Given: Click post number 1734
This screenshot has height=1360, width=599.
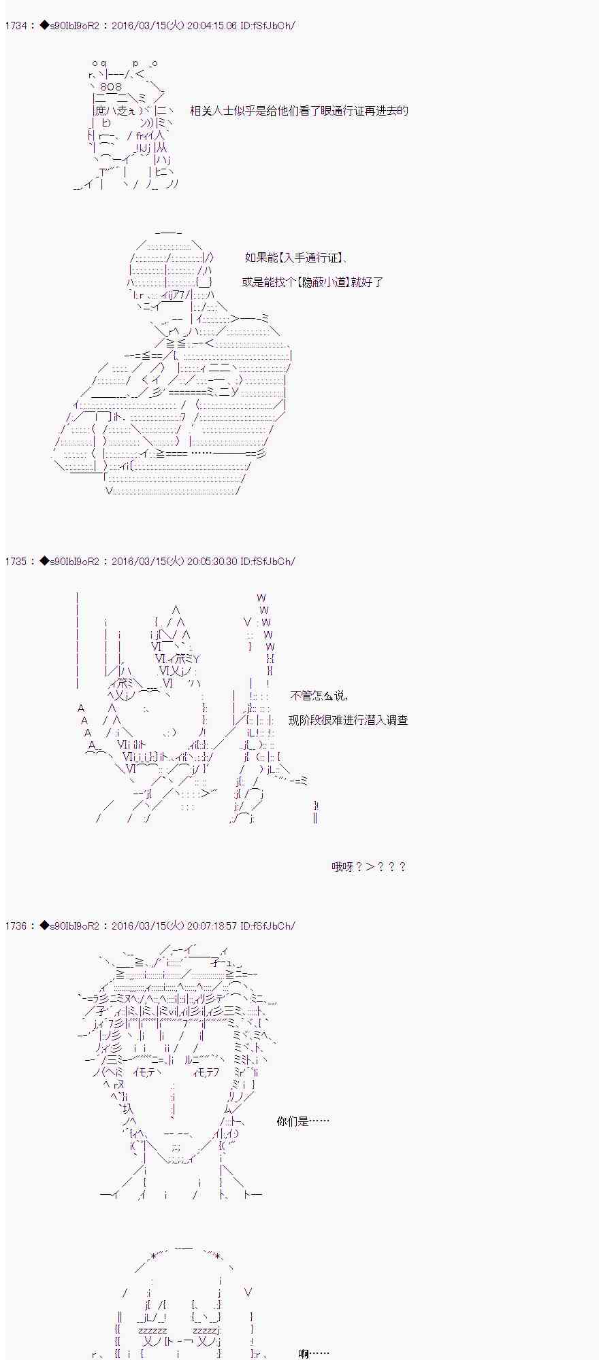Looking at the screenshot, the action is pyautogui.click(x=16, y=26).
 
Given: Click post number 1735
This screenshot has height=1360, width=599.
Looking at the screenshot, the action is pyautogui.click(x=16, y=562).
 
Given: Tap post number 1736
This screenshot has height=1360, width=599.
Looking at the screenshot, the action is pyautogui.click(x=16, y=926).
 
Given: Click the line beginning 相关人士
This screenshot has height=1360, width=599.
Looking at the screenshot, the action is pyautogui.click(x=299, y=111).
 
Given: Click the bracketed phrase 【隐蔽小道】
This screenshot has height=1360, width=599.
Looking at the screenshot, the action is pyautogui.click(x=323, y=282).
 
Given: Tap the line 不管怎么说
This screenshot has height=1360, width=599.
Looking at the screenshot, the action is pyautogui.click(x=319, y=696).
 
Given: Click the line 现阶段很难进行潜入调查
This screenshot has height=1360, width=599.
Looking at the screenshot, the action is pyautogui.click(x=348, y=720).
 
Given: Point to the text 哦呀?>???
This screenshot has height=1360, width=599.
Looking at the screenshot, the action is pyautogui.click(x=368, y=867).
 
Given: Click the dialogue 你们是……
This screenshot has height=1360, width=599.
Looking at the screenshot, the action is pyautogui.click(x=302, y=1121).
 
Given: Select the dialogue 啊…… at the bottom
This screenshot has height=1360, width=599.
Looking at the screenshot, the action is pyautogui.click(x=313, y=1354).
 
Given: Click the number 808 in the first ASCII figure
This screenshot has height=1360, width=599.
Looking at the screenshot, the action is pyautogui.click(x=110, y=87).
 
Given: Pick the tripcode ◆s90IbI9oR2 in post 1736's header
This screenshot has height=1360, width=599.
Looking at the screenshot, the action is pyautogui.click(x=69, y=926).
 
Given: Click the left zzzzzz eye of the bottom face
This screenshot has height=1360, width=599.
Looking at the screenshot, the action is pyautogui.click(x=152, y=1329).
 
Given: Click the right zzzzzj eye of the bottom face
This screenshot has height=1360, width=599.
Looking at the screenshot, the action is pyautogui.click(x=206, y=1329).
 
